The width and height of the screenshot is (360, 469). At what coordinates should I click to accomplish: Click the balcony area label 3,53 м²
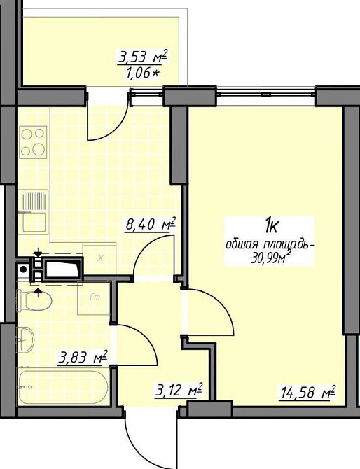(x=143, y=57)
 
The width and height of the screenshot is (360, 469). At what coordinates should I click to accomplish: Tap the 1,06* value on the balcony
(x=143, y=73)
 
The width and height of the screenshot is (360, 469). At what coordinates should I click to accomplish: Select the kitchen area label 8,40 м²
(x=151, y=224)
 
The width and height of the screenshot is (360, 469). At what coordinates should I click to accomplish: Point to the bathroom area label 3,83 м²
(x=83, y=357)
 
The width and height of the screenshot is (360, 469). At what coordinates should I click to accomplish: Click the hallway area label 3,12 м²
(x=179, y=391)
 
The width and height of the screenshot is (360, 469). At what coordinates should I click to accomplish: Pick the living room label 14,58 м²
(x=307, y=392)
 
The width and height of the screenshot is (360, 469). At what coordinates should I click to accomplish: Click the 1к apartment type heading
(x=271, y=226)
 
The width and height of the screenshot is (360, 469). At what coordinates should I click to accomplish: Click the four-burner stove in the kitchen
(x=33, y=142)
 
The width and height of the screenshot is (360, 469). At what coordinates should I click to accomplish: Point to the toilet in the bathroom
(x=34, y=301)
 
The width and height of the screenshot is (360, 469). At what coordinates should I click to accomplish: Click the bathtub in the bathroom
(x=63, y=387)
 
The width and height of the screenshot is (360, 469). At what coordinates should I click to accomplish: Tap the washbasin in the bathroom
(x=26, y=339)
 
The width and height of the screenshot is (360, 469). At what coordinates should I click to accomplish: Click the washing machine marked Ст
(x=94, y=298)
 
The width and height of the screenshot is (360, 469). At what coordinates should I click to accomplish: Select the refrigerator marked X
(x=99, y=258)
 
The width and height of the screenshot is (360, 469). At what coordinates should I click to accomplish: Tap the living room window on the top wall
(x=265, y=94)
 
